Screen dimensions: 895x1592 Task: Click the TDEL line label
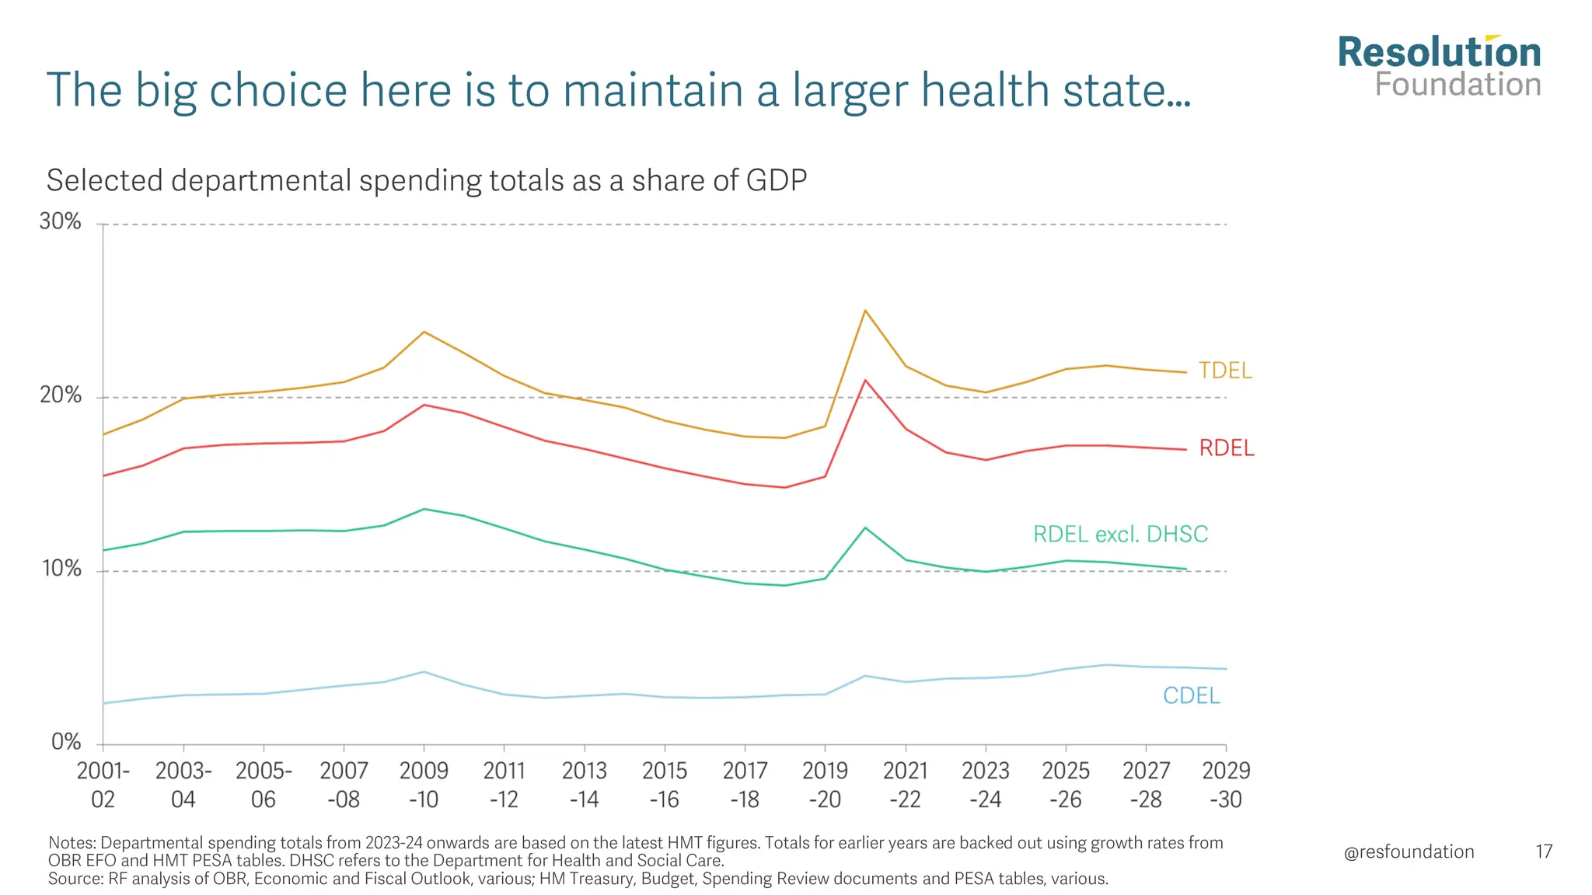click(x=1225, y=371)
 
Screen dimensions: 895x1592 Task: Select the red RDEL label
click(x=1227, y=448)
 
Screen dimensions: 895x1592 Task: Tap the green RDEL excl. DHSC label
click(x=1120, y=535)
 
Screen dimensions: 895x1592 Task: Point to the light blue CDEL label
click(x=1191, y=695)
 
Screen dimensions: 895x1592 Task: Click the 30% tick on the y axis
click(x=61, y=222)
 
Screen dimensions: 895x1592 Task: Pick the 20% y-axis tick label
click(x=61, y=395)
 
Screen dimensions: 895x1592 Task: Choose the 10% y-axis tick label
click(x=61, y=569)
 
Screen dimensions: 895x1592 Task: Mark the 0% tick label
click(x=66, y=742)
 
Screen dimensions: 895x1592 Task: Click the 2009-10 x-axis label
click(x=424, y=785)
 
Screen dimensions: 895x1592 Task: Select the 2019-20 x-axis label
click(x=825, y=785)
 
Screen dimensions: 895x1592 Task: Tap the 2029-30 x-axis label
click(x=1226, y=785)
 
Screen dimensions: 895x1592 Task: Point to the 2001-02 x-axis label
click(x=103, y=785)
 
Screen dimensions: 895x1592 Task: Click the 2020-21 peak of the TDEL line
click(x=865, y=311)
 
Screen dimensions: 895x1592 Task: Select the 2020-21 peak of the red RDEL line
click(x=865, y=380)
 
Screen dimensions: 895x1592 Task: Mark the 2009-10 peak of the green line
click(x=424, y=509)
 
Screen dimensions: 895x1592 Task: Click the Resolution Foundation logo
click(x=1439, y=67)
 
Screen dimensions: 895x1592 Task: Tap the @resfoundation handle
click(x=1409, y=852)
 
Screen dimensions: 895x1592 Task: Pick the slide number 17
click(x=1544, y=852)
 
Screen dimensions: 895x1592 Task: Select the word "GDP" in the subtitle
click(x=776, y=180)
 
